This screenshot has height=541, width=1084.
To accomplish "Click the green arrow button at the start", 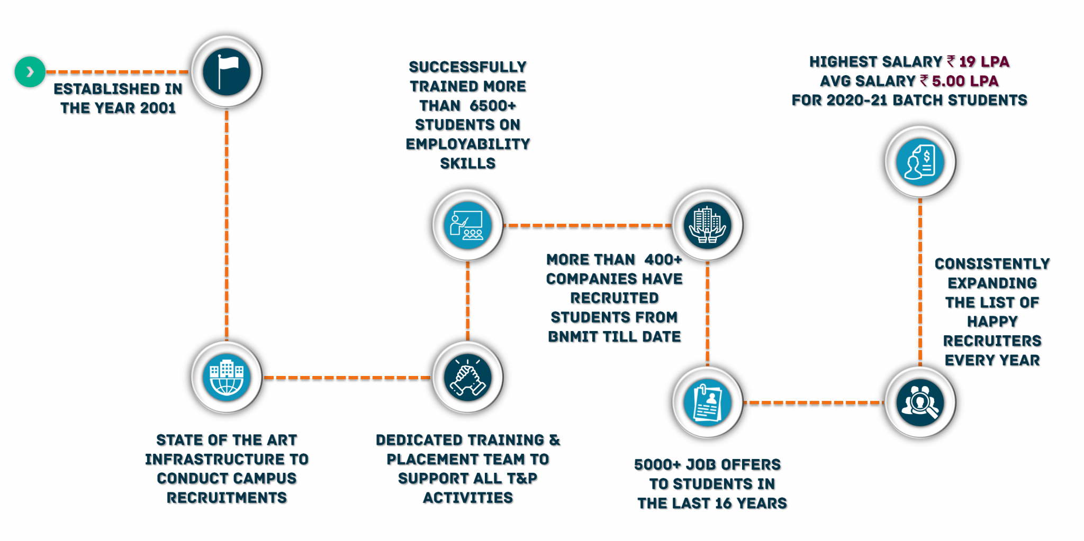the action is tap(30, 71).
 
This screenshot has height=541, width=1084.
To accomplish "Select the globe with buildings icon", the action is tap(227, 378).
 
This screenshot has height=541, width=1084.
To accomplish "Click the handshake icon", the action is tap(467, 378).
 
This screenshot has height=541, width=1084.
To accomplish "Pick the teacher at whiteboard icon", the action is tap(467, 225).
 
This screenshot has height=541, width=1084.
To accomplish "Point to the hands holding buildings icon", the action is tap(708, 225).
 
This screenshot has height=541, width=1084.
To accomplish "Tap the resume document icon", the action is tap(708, 402).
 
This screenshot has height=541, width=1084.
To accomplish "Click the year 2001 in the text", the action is tap(158, 108).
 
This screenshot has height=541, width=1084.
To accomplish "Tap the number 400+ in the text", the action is tap(663, 260).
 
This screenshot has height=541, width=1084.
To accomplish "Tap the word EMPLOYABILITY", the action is tap(468, 144).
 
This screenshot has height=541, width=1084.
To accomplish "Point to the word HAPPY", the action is tap(992, 322).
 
